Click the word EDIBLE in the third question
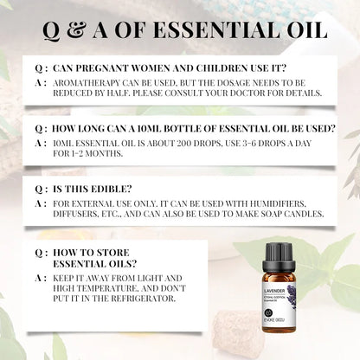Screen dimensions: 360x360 (115, 190)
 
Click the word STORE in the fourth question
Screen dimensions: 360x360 (107, 254)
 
